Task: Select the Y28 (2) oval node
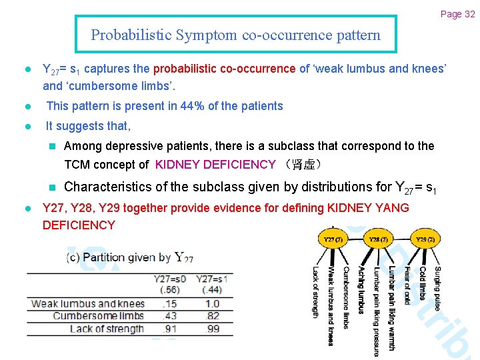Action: pos(379,239)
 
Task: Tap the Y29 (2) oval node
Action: pos(425,239)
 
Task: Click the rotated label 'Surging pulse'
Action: pos(437,288)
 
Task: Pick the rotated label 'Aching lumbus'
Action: pos(361,290)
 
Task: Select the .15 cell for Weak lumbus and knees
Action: pos(169,303)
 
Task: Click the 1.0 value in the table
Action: pos(213,303)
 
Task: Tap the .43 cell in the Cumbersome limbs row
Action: pos(169,316)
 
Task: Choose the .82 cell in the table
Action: pos(213,316)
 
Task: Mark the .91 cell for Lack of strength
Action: pos(169,329)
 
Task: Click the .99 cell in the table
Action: pos(213,329)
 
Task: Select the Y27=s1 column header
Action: pos(213,279)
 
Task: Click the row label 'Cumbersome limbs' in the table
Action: pos(98,316)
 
